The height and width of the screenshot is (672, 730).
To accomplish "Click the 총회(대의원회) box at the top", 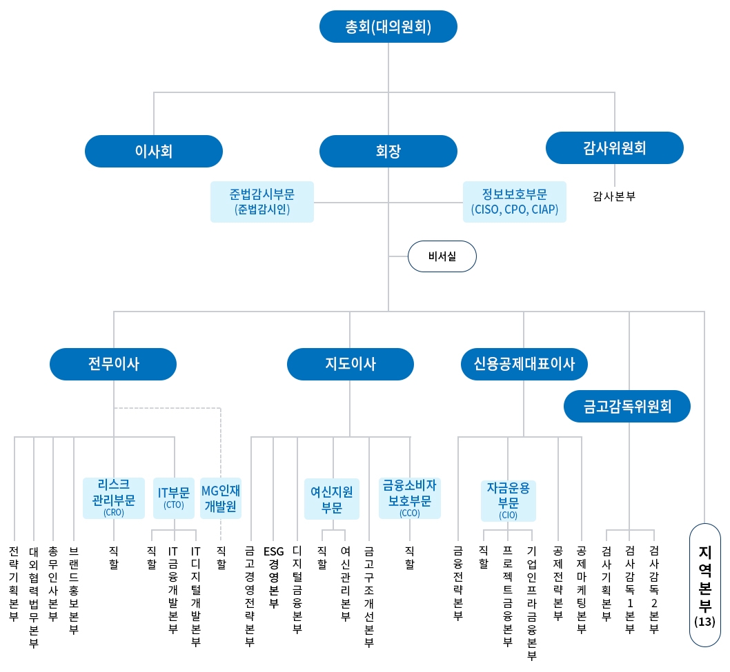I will click(388, 27).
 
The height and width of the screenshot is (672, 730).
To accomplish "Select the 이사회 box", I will click(154, 152).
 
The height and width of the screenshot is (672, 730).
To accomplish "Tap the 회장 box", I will click(388, 152).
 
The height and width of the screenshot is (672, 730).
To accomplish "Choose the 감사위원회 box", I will click(614, 147).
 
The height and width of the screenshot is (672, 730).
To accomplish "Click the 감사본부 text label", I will click(614, 196).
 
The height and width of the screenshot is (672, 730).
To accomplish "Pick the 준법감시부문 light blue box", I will click(262, 202).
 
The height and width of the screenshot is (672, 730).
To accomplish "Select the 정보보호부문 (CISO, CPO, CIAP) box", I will click(514, 202).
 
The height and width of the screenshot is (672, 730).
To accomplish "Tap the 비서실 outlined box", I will click(442, 257).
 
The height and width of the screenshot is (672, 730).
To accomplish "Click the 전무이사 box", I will click(114, 364).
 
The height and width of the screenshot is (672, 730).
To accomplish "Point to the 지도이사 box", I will click(351, 364).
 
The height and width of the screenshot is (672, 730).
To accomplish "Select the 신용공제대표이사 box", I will click(524, 364).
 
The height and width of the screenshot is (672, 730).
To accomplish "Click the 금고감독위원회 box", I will click(627, 406).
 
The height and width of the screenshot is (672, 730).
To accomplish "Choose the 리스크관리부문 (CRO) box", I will click(114, 498).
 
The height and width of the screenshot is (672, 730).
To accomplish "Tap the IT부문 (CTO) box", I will click(174, 498).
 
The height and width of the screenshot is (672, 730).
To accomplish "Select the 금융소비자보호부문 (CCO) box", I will click(410, 498).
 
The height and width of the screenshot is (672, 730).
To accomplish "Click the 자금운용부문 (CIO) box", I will click(509, 500).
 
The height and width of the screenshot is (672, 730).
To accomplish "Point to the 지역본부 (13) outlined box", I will click(705, 584).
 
